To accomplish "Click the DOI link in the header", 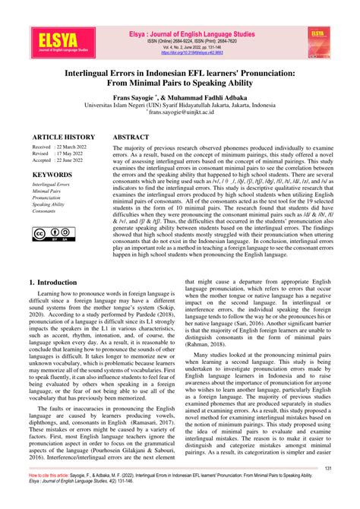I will pyautogui.click(x=191, y=54).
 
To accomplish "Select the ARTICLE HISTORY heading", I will pyautogui.click(x=64, y=137).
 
